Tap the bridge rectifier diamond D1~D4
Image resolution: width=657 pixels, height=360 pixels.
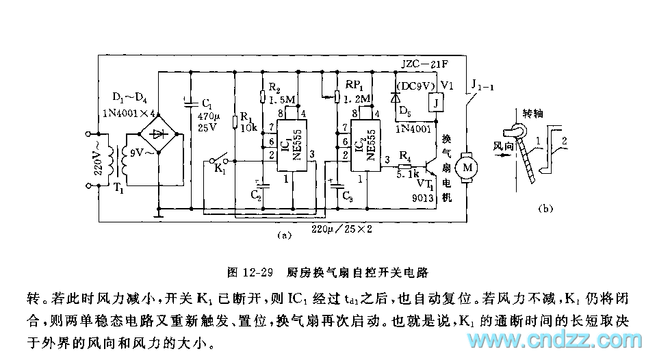pyautogui.click(x=159, y=133)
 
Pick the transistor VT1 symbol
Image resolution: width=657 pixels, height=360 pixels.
pyautogui.click(x=430, y=166)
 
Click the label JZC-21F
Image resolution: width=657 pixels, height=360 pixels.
pyautogui.click(x=420, y=66)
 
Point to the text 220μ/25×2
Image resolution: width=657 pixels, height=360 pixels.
pyautogui.click(x=341, y=229)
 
